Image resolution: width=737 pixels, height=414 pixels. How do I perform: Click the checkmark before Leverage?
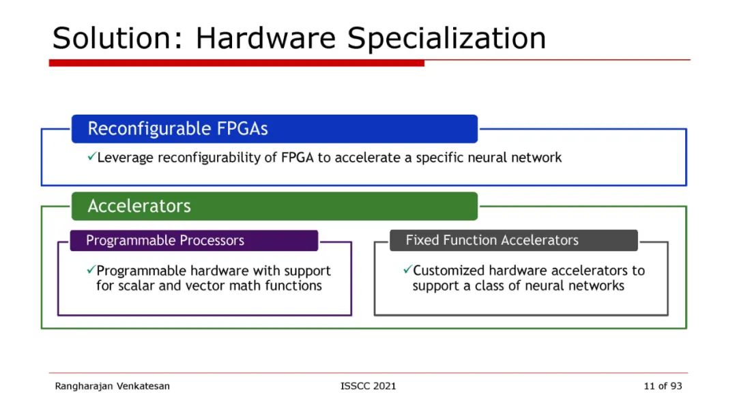[91, 158]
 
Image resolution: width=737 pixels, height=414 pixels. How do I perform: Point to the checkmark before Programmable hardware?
[91, 270]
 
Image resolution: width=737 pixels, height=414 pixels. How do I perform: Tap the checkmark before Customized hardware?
[407, 270]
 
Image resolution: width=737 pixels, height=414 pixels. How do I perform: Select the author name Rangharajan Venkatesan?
[113, 386]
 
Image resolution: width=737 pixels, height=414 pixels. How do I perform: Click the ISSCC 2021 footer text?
[368, 386]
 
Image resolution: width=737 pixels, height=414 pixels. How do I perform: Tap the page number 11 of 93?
[663, 386]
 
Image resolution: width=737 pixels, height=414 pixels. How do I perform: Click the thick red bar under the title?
[236, 63]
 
